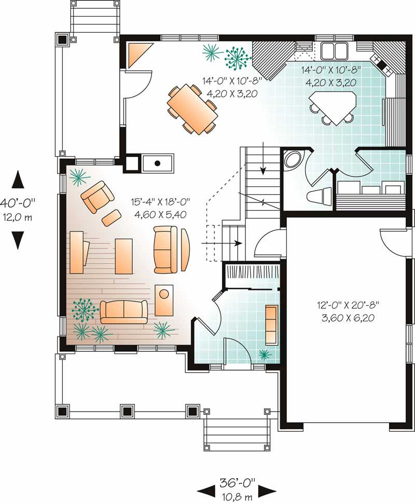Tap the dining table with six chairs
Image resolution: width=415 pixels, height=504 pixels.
tap(191, 108)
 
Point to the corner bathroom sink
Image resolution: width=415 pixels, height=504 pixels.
tap(293, 159)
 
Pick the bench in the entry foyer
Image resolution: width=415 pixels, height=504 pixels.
tap(271, 324)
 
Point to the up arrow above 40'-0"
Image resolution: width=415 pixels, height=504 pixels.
tap(19, 180)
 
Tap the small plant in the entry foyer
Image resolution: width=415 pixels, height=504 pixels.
tap(265, 355)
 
